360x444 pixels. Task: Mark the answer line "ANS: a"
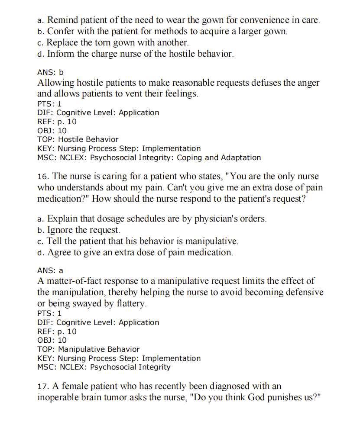[51, 270]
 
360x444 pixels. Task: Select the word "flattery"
[132, 304]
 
